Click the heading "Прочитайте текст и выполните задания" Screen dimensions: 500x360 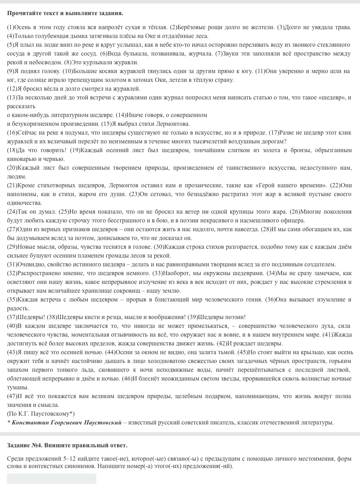(65, 13)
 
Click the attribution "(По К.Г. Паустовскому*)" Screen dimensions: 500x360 (41, 414)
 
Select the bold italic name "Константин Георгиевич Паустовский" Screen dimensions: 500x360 (66, 423)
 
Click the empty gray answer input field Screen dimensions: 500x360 (52, 479)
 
